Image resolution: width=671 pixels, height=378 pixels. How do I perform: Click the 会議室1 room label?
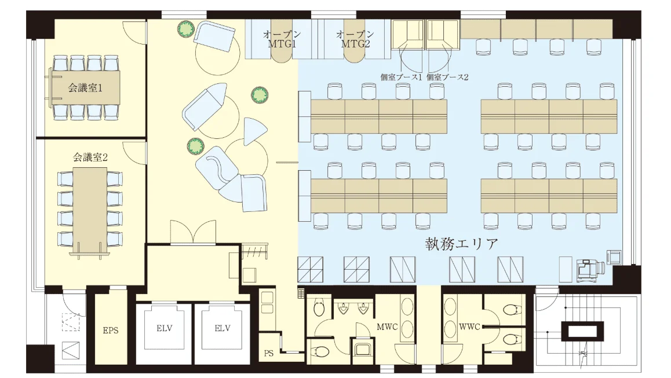(x=85, y=88)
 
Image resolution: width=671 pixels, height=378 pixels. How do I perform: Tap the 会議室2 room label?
(x=90, y=157)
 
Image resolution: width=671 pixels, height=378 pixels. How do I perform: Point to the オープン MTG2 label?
(x=355, y=39)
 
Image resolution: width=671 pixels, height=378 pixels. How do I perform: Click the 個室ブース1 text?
(x=401, y=78)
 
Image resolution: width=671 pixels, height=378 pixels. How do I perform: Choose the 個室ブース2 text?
(x=447, y=78)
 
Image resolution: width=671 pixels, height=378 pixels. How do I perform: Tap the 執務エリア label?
(x=462, y=244)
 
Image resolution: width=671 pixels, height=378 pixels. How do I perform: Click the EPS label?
(x=111, y=331)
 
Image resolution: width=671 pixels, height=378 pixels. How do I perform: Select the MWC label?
(x=387, y=327)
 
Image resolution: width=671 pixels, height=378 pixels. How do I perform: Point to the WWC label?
(x=469, y=327)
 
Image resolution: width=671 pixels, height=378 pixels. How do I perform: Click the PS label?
(x=269, y=353)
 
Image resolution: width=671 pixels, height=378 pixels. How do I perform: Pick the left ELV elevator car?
(x=165, y=328)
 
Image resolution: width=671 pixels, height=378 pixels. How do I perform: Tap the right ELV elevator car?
(x=223, y=328)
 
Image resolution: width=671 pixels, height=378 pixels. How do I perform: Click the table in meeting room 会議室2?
(x=90, y=210)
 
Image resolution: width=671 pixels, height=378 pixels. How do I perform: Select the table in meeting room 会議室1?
(x=86, y=87)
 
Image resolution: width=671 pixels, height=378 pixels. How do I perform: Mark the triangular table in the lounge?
(x=254, y=130)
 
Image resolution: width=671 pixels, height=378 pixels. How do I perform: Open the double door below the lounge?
(x=193, y=232)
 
